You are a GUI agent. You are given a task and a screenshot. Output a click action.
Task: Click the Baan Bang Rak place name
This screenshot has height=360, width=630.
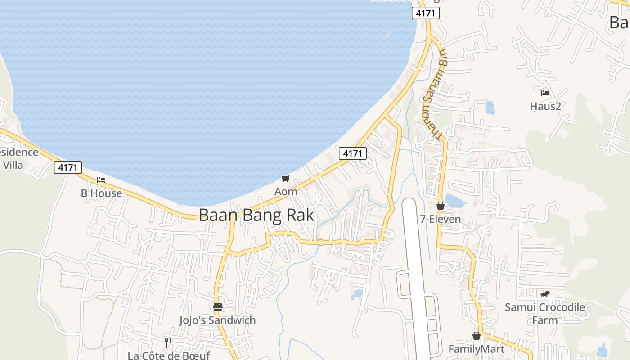[x=256, y=215]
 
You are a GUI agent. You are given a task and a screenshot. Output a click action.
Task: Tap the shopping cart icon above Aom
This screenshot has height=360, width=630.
[x=286, y=178]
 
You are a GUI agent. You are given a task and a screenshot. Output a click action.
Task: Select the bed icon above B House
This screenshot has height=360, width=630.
[x=101, y=180]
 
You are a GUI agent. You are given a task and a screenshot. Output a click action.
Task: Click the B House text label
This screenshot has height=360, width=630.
[x=101, y=193]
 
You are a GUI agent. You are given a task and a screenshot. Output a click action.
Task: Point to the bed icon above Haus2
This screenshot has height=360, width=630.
[x=545, y=93]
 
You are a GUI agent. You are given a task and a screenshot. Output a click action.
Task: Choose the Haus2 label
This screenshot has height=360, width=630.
[x=545, y=107]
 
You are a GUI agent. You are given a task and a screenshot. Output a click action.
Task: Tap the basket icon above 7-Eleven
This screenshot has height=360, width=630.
[x=440, y=206]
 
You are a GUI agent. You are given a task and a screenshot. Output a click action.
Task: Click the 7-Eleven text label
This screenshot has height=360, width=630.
[x=440, y=220]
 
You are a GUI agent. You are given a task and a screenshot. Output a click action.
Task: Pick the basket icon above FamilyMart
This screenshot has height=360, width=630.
[x=477, y=336]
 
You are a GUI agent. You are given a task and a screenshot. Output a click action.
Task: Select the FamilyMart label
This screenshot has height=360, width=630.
[x=477, y=349]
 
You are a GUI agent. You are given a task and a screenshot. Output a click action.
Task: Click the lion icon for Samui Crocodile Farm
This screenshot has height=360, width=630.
[x=545, y=294]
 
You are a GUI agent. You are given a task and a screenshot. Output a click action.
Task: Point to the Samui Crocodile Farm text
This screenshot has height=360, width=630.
[x=545, y=314]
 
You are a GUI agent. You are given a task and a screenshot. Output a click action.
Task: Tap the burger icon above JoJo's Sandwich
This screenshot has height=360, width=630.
[x=218, y=307]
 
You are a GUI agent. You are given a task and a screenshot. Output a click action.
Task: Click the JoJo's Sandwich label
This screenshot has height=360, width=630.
[x=218, y=320]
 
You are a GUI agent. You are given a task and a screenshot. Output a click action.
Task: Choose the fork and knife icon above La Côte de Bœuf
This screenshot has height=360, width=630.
[x=168, y=343]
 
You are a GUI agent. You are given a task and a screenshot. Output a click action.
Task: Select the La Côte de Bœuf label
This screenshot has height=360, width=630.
[x=169, y=355]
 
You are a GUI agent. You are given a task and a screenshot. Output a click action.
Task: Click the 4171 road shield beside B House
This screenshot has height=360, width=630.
[x=68, y=167]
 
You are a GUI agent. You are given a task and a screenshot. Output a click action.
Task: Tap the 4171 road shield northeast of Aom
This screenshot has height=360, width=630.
[x=353, y=153]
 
